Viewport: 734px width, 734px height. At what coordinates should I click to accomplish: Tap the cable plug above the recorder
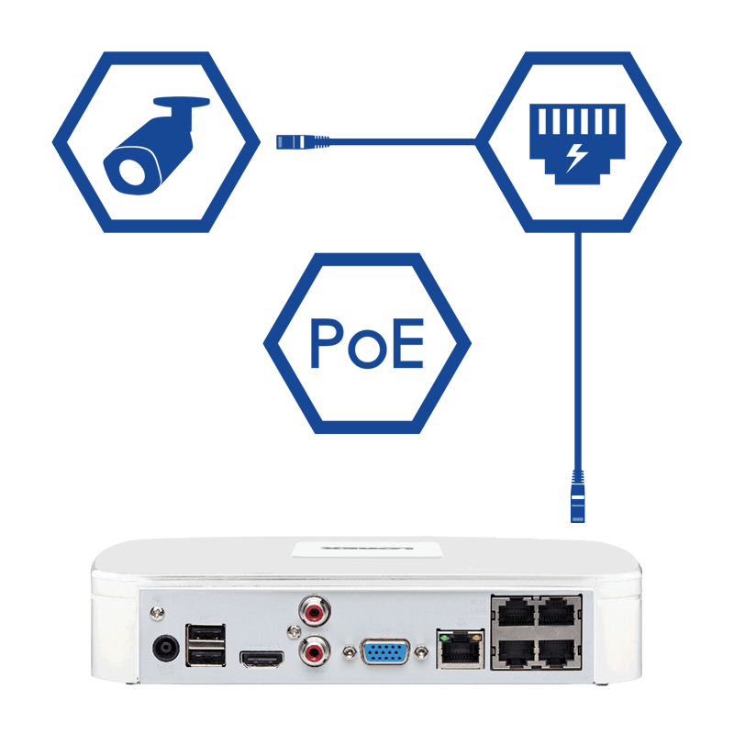point(577,495)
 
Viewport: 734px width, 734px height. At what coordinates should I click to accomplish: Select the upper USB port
point(206,632)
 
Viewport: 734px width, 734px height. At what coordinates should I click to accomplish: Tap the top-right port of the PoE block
point(557,612)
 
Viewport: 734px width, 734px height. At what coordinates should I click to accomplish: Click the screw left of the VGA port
point(349,653)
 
